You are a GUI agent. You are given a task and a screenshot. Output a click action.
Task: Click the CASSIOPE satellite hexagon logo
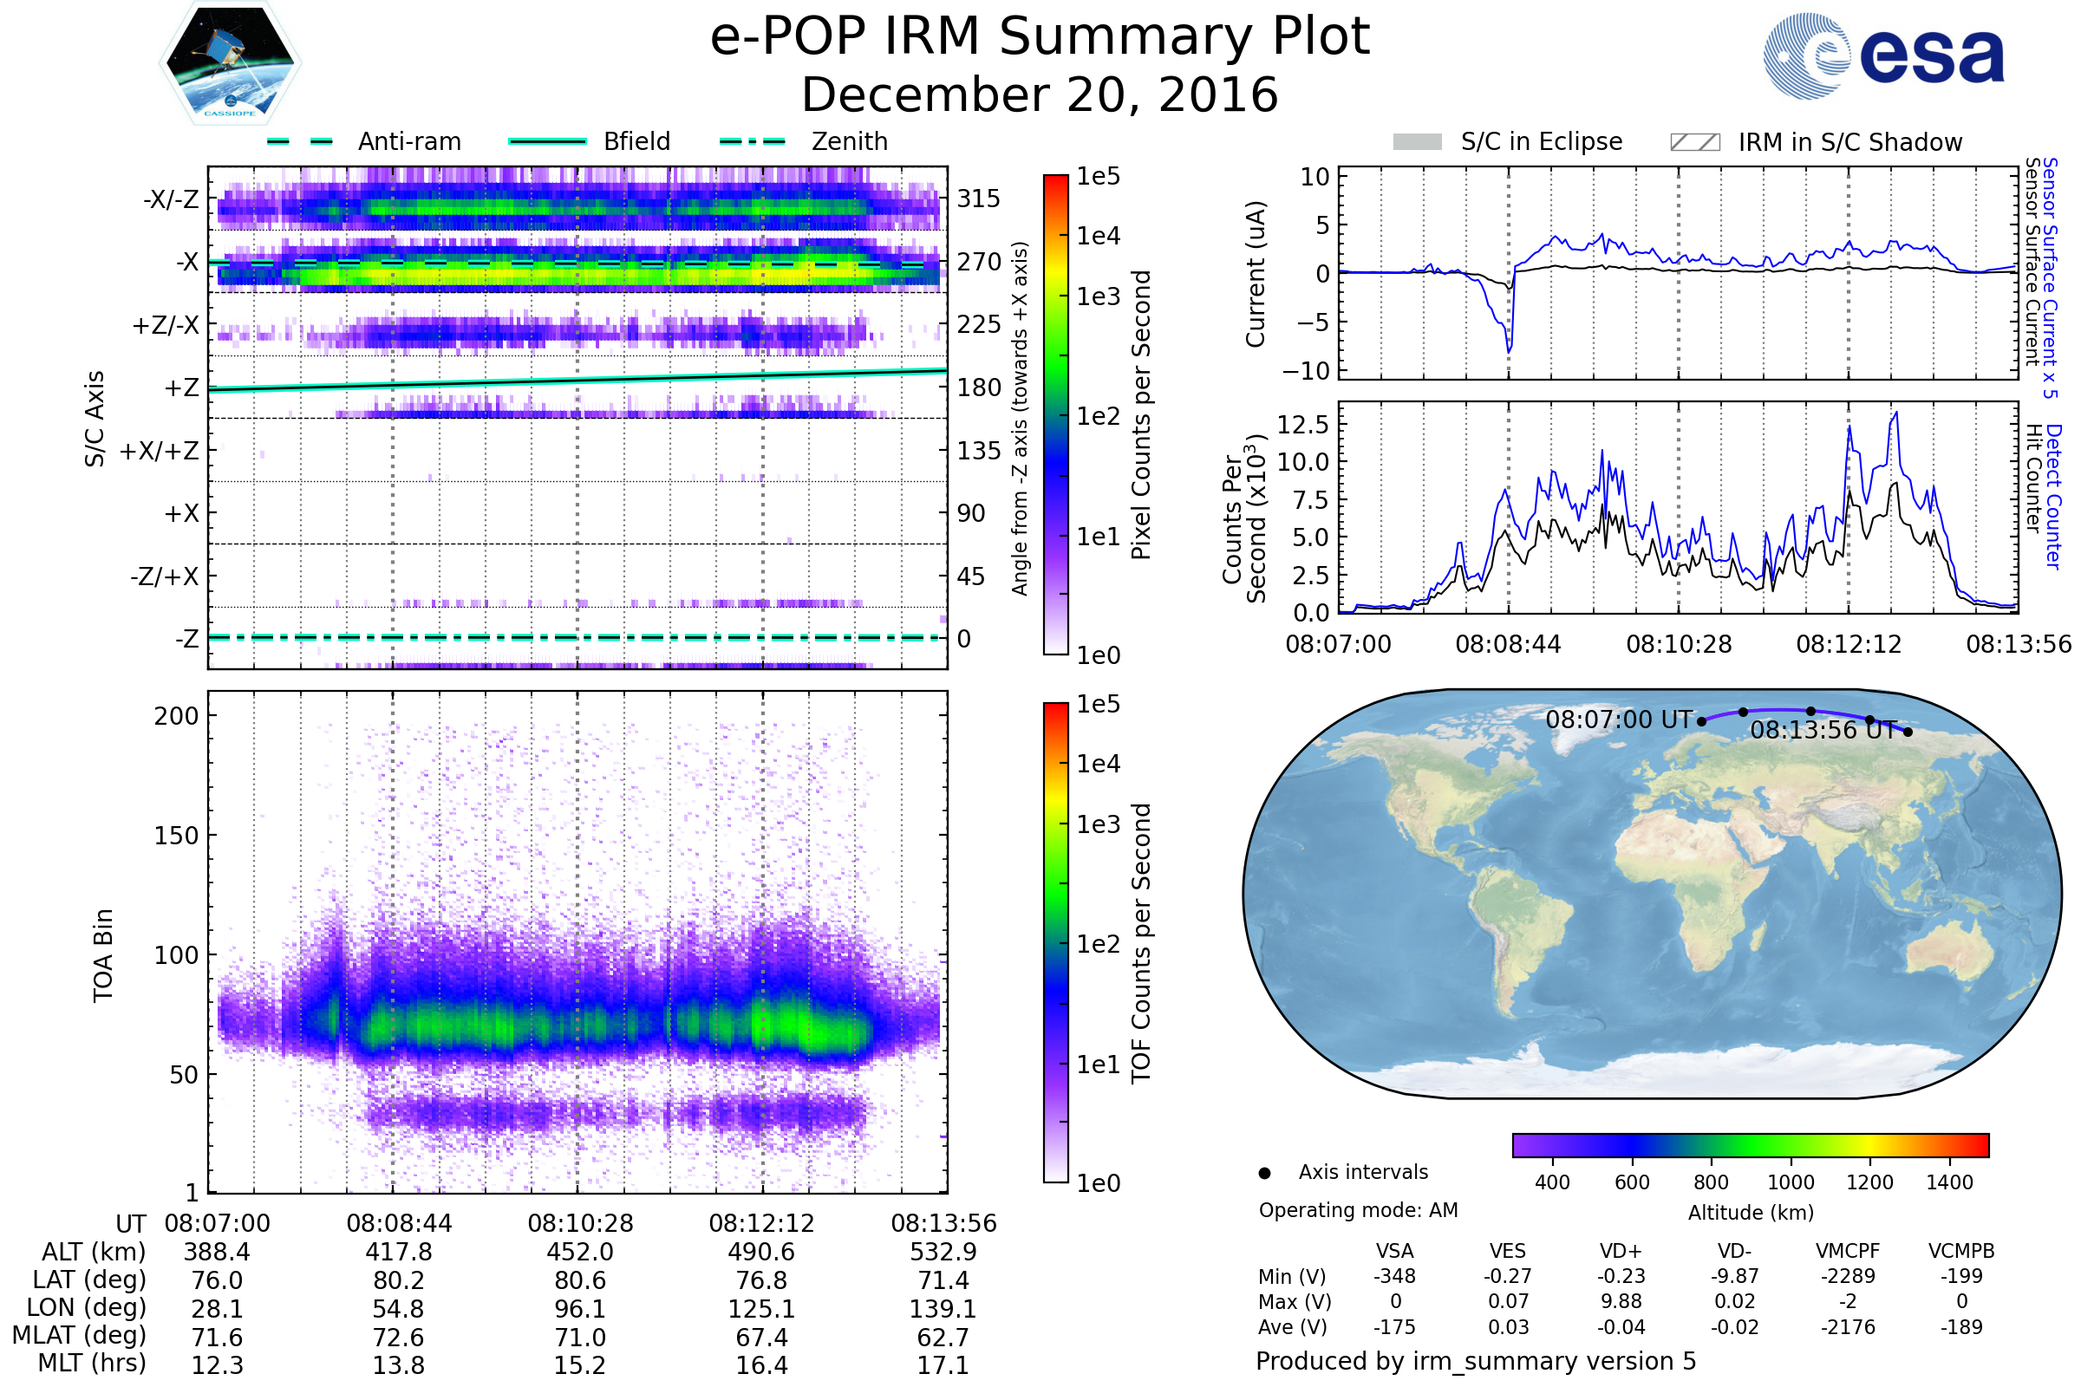point(230,62)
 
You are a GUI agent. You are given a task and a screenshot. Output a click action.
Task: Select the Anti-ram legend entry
point(408,141)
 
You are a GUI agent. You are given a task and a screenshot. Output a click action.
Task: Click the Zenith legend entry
point(849,141)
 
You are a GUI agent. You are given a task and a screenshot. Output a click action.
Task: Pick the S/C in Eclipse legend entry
point(1541,141)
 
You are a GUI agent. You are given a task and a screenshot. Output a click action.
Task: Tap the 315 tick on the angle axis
point(979,199)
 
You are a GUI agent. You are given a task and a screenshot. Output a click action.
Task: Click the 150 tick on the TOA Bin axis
point(176,836)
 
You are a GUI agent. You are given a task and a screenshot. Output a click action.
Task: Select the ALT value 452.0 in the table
point(579,1253)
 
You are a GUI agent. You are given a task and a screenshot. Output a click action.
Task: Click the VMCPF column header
point(1848,1252)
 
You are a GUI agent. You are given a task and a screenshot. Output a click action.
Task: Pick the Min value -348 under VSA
point(1394,1276)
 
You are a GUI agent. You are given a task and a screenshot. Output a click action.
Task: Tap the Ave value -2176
point(1848,1328)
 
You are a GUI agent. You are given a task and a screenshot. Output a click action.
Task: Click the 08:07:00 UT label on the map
point(1618,720)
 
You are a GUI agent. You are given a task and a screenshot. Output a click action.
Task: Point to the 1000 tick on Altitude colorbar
point(1790,1182)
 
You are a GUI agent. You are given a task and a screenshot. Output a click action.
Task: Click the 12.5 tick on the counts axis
point(1303,425)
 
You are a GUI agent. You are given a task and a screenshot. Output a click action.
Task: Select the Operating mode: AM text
point(1358,1210)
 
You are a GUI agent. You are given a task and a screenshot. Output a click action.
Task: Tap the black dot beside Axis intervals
point(1264,1173)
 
